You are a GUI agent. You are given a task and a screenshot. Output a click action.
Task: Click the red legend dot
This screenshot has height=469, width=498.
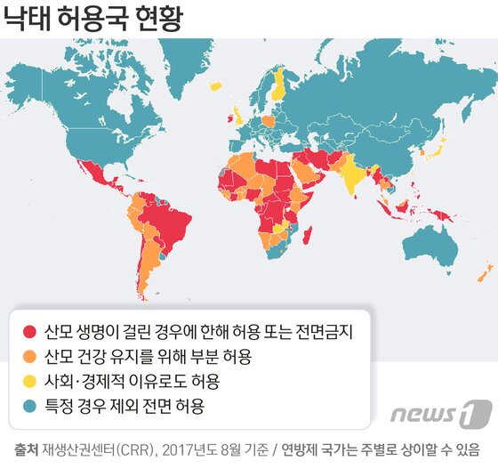click(x=29, y=333)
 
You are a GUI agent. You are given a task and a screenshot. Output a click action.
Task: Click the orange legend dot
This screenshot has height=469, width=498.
click(x=29, y=358)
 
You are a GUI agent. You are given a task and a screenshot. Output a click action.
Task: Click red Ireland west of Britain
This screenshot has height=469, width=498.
click(x=233, y=116)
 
